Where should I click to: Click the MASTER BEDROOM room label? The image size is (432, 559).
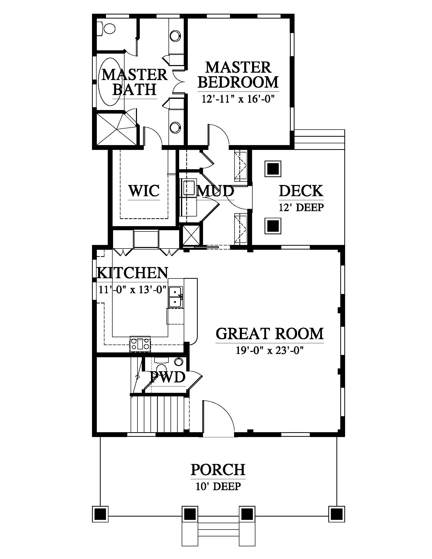[x=238, y=75]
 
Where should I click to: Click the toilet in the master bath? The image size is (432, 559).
[x=107, y=28]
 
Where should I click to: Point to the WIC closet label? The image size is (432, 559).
[x=144, y=191]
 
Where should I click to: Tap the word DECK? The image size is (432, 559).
[x=301, y=191]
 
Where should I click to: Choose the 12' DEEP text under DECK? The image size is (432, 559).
[x=301, y=207]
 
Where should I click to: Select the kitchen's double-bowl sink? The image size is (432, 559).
[x=175, y=297]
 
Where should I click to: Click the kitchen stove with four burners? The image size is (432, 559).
[x=140, y=344]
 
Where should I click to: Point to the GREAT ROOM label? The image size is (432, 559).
[x=269, y=334]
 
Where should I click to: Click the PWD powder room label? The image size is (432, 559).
[x=168, y=377]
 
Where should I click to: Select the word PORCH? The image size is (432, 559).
[x=218, y=469]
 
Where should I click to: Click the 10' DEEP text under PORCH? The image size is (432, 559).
[x=218, y=486]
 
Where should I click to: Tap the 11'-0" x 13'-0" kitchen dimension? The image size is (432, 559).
[x=133, y=290]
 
